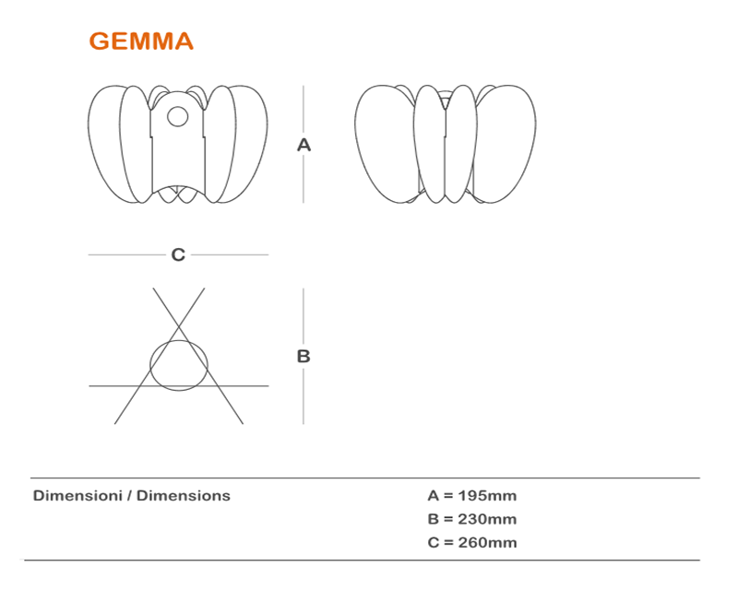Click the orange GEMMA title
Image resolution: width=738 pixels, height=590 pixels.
click(140, 41)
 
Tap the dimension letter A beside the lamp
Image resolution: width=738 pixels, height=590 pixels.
click(304, 145)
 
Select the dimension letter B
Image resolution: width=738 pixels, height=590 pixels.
click(304, 356)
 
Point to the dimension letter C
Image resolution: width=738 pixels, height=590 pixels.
click(178, 254)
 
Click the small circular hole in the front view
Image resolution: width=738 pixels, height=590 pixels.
click(177, 116)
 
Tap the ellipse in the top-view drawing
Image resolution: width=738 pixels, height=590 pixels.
click(179, 364)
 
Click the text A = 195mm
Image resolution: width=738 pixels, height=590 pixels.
click(471, 496)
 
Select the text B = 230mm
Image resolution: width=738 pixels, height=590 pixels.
click(471, 519)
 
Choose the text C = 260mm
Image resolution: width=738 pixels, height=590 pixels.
click(471, 542)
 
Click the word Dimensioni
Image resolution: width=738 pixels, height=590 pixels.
click(77, 496)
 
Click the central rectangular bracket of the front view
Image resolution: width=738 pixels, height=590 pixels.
click(177, 152)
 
